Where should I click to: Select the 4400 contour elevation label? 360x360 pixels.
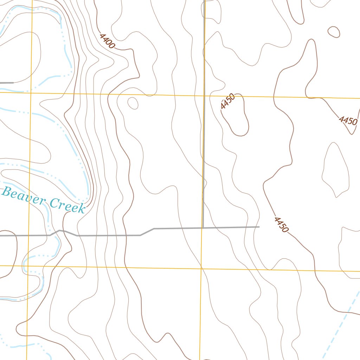click(107, 41)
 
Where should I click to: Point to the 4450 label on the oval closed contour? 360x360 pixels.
click(228, 102)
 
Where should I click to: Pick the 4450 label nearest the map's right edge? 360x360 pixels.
click(348, 121)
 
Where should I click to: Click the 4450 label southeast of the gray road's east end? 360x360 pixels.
click(281, 225)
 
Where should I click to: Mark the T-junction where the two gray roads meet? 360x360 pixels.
click(203, 228)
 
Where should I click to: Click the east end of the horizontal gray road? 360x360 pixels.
click(259, 227)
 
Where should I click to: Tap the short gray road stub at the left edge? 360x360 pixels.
click(6, 83)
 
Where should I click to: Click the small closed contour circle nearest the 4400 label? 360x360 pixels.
click(133, 103)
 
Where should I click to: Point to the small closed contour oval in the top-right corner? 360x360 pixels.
click(334, 32)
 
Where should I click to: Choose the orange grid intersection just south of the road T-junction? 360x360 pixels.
click(201, 268)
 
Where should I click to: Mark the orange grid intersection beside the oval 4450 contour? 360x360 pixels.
click(204, 95)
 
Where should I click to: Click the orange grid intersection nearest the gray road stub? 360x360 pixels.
click(31, 92)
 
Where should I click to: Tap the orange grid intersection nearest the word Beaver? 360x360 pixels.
click(28, 266)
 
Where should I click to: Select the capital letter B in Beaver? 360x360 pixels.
click(6, 192)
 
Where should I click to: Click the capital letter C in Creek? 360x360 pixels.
click(54, 203)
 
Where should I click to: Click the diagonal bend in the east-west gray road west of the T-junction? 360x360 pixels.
click(147, 232)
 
